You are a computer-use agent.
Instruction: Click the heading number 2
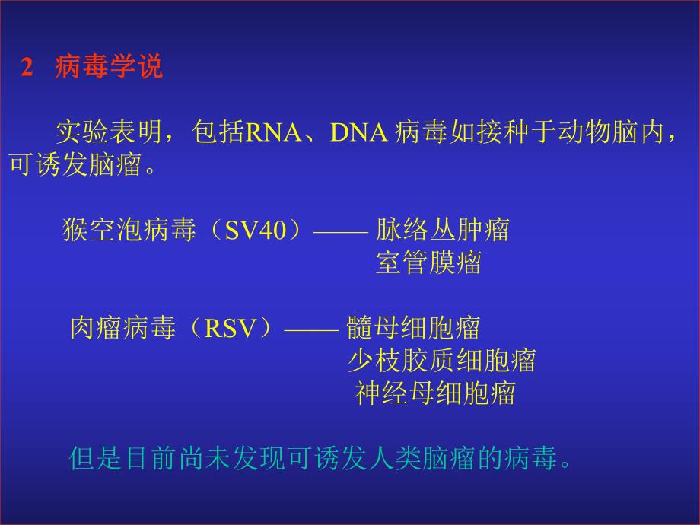click(x=27, y=68)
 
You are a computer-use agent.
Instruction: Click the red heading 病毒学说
click(x=108, y=68)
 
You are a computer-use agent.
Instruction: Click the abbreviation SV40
click(x=254, y=230)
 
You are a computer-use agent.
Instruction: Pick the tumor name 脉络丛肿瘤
click(x=442, y=229)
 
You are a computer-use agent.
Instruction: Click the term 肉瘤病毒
click(x=123, y=328)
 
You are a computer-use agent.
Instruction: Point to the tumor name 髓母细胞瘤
click(x=413, y=328)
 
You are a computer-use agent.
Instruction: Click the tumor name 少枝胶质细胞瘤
click(x=442, y=360)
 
